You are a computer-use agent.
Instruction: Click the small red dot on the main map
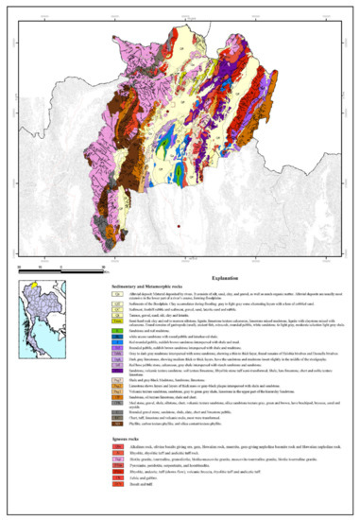(x=178, y=227)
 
